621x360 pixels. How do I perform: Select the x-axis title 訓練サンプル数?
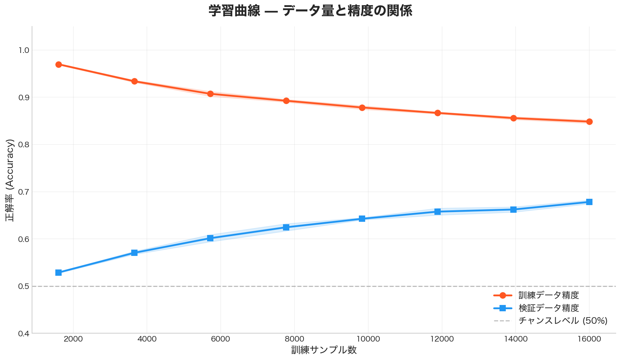[324, 350]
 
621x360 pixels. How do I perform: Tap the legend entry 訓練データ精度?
[549, 295]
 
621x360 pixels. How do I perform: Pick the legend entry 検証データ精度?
[549, 308]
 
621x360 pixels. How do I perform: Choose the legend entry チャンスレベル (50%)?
[563, 320]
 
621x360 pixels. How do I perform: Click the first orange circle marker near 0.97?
[58, 64]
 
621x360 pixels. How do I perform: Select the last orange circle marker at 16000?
[589, 122]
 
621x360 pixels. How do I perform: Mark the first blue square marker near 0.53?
[58, 273]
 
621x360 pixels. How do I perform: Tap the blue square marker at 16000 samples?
[589, 202]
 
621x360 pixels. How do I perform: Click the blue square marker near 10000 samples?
[362, 219]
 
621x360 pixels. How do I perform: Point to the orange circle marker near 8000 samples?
[286, 101]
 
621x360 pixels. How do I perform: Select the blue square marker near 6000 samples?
[210, 238]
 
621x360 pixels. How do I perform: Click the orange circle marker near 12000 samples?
[438, 113]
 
